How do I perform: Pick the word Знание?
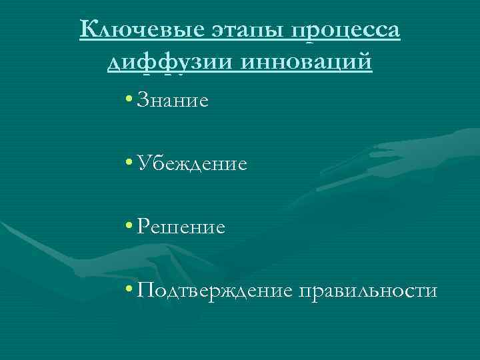171,101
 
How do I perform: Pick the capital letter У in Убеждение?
141,163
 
